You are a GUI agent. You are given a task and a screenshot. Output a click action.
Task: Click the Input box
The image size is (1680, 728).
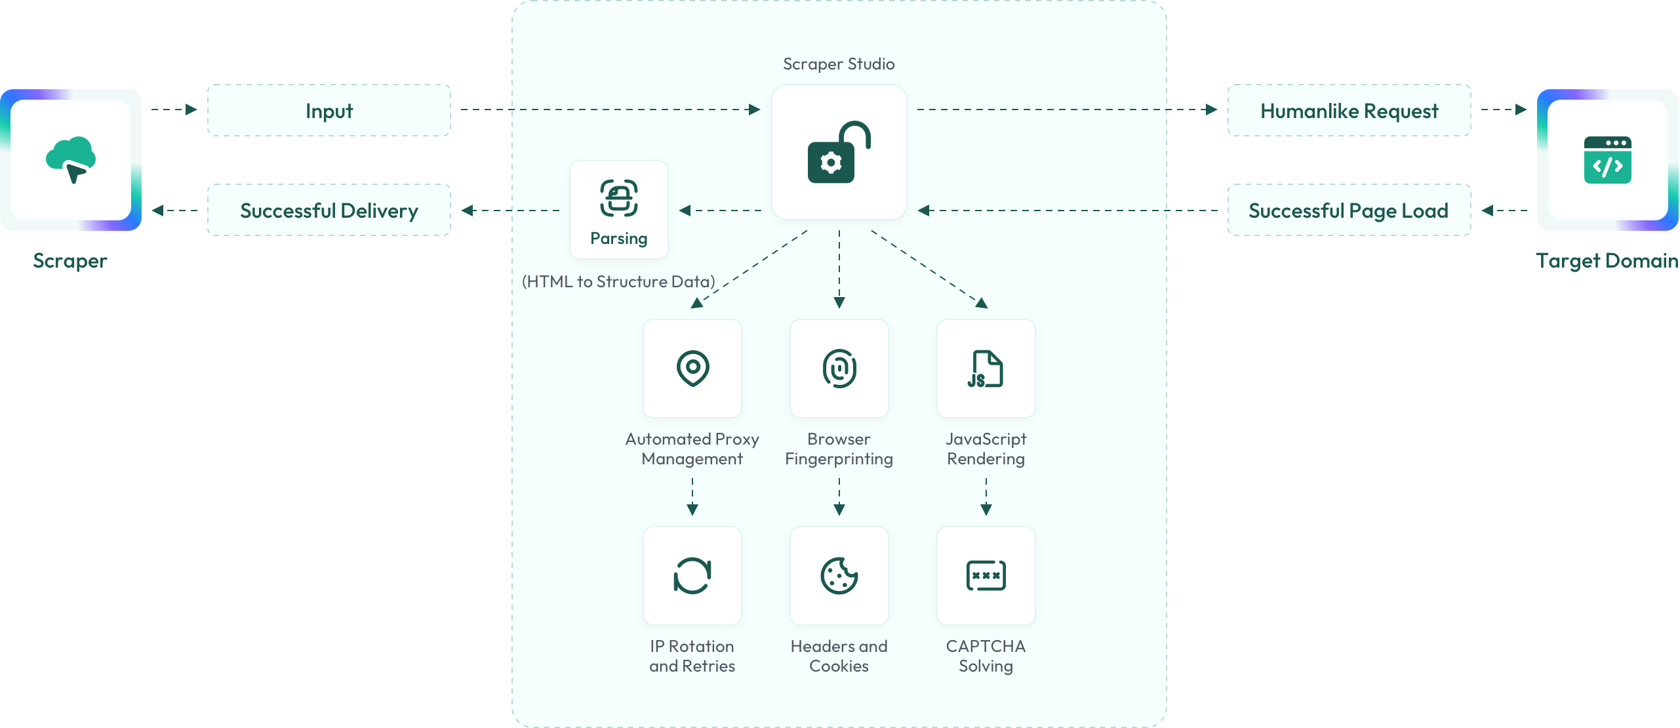tap(329, 110)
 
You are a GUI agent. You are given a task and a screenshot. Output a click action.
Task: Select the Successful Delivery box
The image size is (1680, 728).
tap(329, 210)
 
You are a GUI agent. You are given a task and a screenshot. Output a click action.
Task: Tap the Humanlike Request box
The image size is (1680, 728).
tap(1349, 110)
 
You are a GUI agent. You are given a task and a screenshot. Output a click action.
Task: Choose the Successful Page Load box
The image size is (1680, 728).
tap(1349, 210)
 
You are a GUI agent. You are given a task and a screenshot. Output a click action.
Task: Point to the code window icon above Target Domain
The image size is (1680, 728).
tap(1607, 160)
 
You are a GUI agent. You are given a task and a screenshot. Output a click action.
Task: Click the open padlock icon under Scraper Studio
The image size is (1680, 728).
tap(839, 152)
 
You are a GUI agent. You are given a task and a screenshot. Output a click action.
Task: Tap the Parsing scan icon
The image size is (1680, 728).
tap(619, 198)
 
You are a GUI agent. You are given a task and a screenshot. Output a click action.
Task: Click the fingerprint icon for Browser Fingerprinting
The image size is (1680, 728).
tap(839, 369)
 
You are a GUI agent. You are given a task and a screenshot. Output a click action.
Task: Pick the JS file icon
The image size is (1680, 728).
tap(986, 369)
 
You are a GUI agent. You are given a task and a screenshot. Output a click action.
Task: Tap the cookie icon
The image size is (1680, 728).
tap(839, 576)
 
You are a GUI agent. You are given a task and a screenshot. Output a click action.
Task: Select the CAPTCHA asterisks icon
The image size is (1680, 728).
tap(986, 576)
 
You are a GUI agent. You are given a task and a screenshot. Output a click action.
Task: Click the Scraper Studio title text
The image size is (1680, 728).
tap(839, 64)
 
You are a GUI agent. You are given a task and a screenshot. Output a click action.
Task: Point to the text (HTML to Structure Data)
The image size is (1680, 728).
tap(618, 281)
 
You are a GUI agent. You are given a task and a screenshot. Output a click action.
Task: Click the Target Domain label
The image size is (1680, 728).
tap(1607, 260)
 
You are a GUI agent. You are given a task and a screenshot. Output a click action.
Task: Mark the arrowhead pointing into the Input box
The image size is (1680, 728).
tap(191, 110)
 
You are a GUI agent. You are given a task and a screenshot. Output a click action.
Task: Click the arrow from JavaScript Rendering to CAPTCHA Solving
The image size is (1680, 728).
tap(986, 496)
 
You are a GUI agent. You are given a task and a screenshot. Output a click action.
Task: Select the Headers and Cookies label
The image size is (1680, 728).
tap(839, 656)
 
